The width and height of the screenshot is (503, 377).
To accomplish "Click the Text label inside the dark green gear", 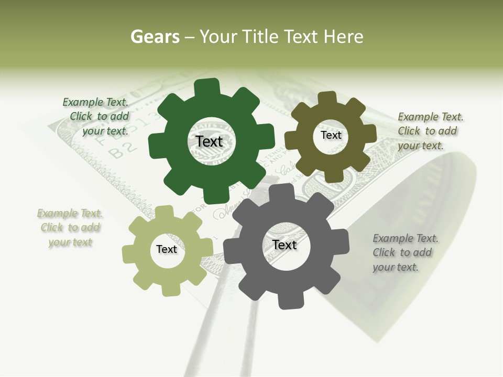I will pos(209,141).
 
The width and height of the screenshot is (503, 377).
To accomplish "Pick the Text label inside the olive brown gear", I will pos(331,135).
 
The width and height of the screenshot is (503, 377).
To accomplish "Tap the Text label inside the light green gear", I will pos(167,249).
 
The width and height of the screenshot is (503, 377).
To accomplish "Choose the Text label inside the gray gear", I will pos(285,245).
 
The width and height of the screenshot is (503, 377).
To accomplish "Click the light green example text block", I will pos(70,228).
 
